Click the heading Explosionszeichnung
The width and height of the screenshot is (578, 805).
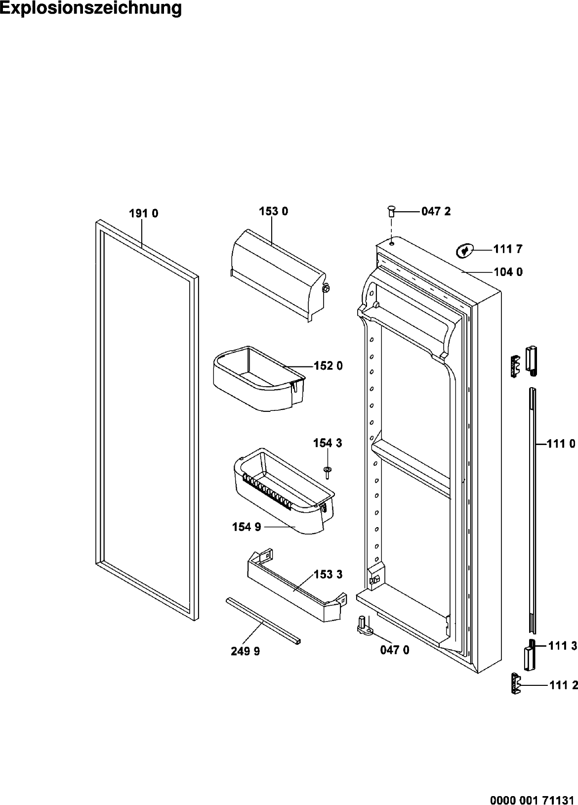pos(91,8)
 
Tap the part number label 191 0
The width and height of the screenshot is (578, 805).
pos(144,214)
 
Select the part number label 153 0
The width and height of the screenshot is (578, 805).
pos(274,212)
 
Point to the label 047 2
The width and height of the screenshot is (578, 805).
pos(436,212)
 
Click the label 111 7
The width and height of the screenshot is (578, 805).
pos(508,249)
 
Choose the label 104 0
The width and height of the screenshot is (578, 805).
pos(508,272)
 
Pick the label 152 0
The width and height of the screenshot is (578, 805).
pos(328,366)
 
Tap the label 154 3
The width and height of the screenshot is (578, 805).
pos(328,443)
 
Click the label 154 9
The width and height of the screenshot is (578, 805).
pos(247,527)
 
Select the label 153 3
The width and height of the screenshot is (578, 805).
pos(328,575)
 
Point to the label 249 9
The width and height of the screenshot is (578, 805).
pos(246,651)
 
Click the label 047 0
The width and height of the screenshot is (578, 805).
pos(395,650)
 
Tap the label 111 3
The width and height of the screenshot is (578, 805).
pos(563,646)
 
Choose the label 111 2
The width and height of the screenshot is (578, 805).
pos(563,685)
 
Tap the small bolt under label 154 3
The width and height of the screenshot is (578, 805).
pos(327,472)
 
